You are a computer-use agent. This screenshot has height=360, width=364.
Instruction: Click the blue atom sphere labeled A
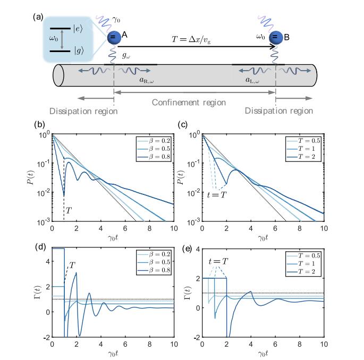point(113,38)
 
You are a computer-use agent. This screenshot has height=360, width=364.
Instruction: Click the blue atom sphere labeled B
point(276,38)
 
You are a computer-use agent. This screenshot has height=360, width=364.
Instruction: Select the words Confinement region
point(195,101)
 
